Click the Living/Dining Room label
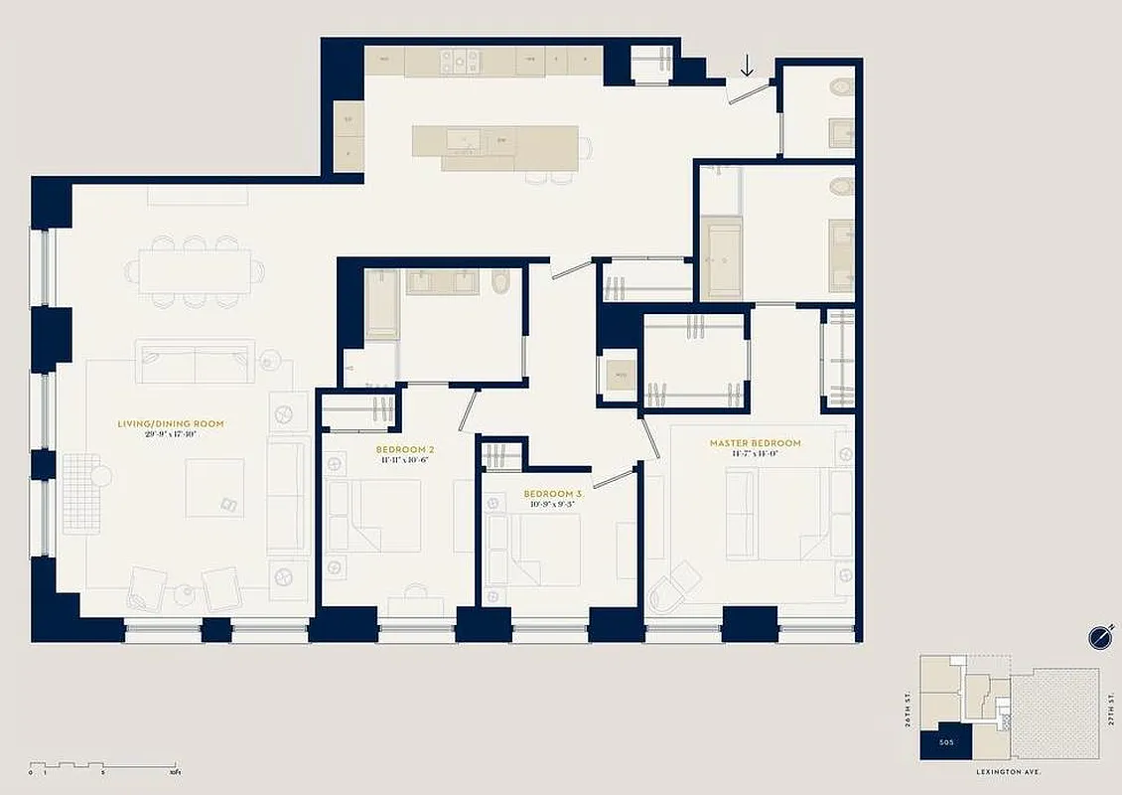tap(170, 423)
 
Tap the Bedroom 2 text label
tap(405, 449)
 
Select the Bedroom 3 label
tap(552, 494)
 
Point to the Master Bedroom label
tap(755, 443)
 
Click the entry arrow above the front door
tap(747, 66)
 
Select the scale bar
tap(103, 766)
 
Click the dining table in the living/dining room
tap(195, 271)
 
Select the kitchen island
tap(494, 148)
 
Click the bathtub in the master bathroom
tap(721, 257)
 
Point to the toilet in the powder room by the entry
tap(841, 86)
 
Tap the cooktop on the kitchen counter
tap(460, 62)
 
